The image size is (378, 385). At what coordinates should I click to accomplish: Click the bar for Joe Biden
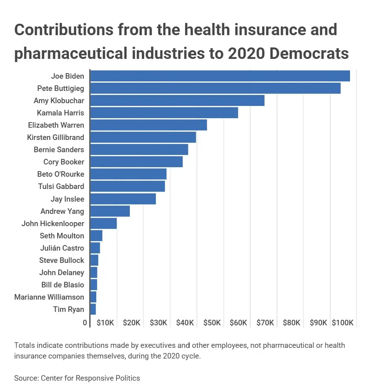click(x=220, y=76)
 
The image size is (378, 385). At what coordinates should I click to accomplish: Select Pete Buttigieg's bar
click(x=215, y=88)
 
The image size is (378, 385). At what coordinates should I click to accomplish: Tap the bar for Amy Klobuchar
click(x=177, y=100)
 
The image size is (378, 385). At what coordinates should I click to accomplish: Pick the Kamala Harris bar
click(x=164, y=113)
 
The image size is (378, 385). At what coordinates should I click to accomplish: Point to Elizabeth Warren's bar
click(x=148, y=125)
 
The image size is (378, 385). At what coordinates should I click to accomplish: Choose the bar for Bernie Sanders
click(x=139, y=149)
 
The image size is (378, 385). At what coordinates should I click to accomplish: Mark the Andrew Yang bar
click(x=110, y=211)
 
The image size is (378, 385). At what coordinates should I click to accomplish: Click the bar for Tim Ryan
click(x=93, y=309)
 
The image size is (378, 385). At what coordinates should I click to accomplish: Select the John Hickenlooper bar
click(x=103, y=223)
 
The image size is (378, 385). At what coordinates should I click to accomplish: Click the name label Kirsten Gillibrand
click(x=56, y=137)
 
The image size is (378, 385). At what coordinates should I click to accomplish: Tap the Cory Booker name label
click(x=64, y=162)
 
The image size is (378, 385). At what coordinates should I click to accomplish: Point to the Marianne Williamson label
click(x=49, y=297)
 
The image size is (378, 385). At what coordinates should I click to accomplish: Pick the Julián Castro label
click(x=62, y=248)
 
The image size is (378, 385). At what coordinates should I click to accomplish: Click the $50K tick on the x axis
click(x=211, y=323)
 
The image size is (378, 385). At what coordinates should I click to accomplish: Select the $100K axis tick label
click(x=342, y=323)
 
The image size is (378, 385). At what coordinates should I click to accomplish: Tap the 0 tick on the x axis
click(x=85, y=323)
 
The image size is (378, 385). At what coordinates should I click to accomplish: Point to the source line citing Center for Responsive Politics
click(x=77, y=378)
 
